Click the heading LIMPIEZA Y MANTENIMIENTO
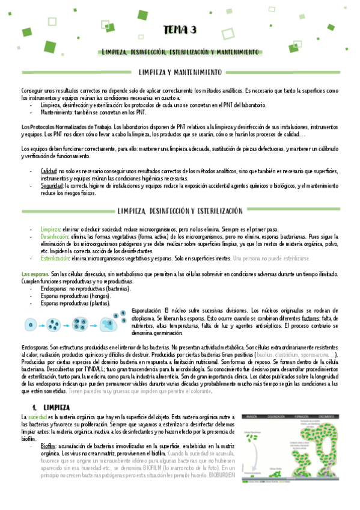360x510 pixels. click(x=180, y=73)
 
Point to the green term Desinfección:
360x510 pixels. click(x=55, y=237)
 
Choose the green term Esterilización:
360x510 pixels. click(x=55, y=258)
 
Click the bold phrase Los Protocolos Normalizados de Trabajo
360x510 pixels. click(x=58, y=127)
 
